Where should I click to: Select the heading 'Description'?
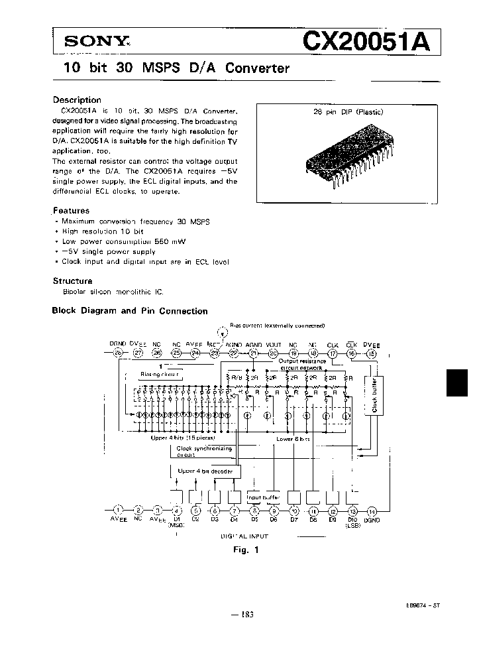pyautogui.click(x=77, y=100)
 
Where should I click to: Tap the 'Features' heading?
pyautogui.click(x=72, y=211)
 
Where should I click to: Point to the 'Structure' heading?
pyautogui.click(x=73, y=280)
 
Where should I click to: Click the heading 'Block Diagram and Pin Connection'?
pyautogui.click(x=130, y=311)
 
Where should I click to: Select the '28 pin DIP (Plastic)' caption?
pyautogui.click(x=348, y=113)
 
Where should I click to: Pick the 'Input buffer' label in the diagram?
pyautogui.click(x=264, y=497)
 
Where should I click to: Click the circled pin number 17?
pyautogui.click(x=333, y=355)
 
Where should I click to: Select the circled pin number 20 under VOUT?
pyautogui.click(x=273, y=355)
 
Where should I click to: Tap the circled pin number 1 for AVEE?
pyautogui.click(x=119, y=510)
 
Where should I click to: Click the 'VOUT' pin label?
pyautogui.click(x=274, y=345)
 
